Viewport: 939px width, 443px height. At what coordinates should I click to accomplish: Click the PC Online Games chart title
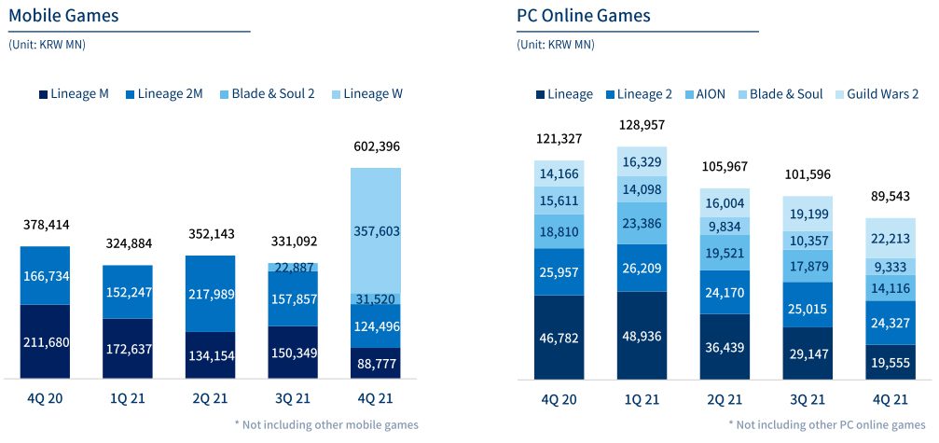pyautogui.click(x=583, y=16)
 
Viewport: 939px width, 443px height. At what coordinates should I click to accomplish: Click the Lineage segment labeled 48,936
pyautogui.click(x=642, y=336)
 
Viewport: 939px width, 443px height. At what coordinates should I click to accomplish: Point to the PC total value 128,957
pyautogui.click(x=642, y=125)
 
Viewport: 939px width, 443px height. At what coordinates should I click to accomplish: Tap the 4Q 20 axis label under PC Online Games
pyautogui.click(x=558, y=399)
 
